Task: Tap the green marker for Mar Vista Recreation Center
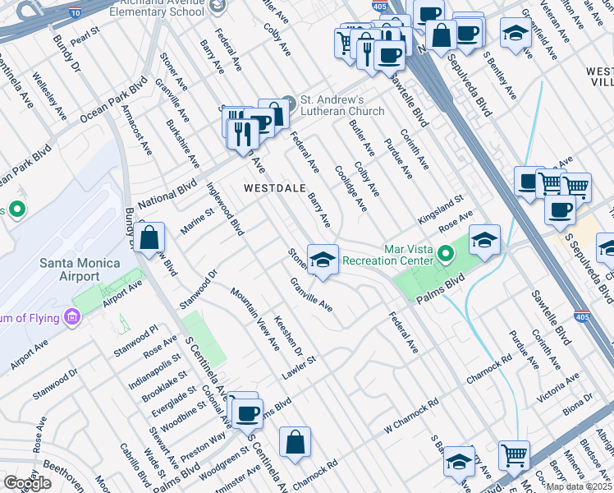pos(446,253)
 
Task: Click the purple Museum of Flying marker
pos(72,317)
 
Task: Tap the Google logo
pos(27,483)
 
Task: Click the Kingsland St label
pos(441,209)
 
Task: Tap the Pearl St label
pos(85,36)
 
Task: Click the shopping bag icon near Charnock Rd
pos(295,442)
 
